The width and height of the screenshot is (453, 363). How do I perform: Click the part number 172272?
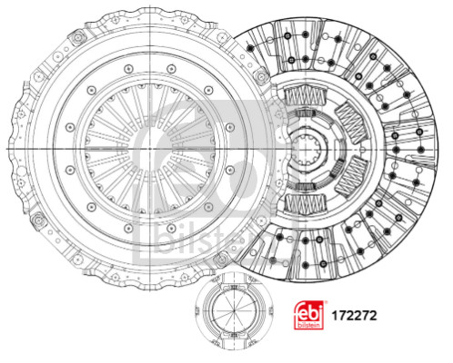(354, 316)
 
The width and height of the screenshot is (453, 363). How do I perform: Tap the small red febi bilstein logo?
(309, 315)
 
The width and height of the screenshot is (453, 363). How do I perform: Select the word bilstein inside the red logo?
(309, 325)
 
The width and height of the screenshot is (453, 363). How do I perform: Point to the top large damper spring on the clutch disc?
(306, 95)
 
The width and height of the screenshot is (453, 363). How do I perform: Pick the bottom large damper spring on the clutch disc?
(306, 203)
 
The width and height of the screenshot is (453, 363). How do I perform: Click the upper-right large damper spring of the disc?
(352, 122)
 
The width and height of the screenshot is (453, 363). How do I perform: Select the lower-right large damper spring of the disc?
(352, 176)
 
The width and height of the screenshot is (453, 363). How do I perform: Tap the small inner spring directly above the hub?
(306, 113)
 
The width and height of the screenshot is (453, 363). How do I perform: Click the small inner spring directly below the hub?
(306, 186)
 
